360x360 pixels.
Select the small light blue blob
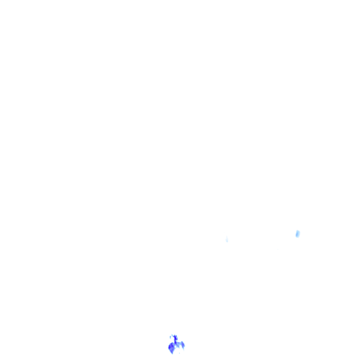click(298, 233)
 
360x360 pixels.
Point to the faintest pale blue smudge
click(227, 240)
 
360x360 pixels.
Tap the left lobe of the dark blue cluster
click(172, 347)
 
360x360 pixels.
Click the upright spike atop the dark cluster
click(175, 338)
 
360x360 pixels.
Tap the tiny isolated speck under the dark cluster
click(179, 352)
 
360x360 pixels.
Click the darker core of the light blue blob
click(298, 234)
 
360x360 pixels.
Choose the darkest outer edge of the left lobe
click(169, 347)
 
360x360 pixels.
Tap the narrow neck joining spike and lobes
click(176, 342)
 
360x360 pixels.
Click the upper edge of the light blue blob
click(298, 231)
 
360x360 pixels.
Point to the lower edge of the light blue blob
click(297, 237)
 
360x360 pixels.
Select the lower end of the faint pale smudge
click(227, 242)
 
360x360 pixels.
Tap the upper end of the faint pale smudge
click(227, 238)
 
